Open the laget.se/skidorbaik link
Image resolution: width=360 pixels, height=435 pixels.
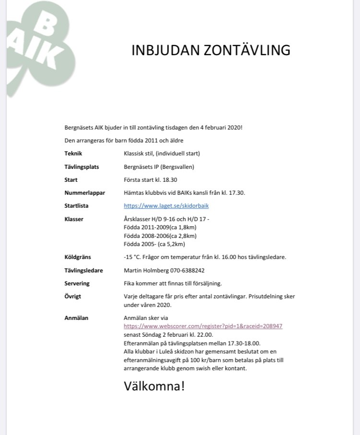click(166, 206)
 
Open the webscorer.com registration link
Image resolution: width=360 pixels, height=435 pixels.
click(203, 326)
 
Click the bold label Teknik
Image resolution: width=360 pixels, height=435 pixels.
click(73, 154)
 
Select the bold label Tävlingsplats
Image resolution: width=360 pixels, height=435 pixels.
click(82, 167)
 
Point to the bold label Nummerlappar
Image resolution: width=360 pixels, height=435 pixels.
click(85, 193)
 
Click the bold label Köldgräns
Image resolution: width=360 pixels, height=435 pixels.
click(77, 257)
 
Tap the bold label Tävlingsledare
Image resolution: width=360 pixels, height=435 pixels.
click(84, 270)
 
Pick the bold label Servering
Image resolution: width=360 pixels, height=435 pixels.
click(77, 283)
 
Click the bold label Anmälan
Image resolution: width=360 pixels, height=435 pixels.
click(76, 317)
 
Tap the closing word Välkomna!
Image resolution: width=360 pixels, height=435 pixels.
click(154, 386)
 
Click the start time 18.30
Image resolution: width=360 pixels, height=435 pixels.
click(169, 180)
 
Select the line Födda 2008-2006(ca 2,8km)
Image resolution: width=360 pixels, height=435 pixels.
click(160, 236)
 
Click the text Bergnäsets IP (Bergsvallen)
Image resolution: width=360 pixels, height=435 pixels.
click(159, 167)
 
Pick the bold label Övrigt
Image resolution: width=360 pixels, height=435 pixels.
click(73, 296)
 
